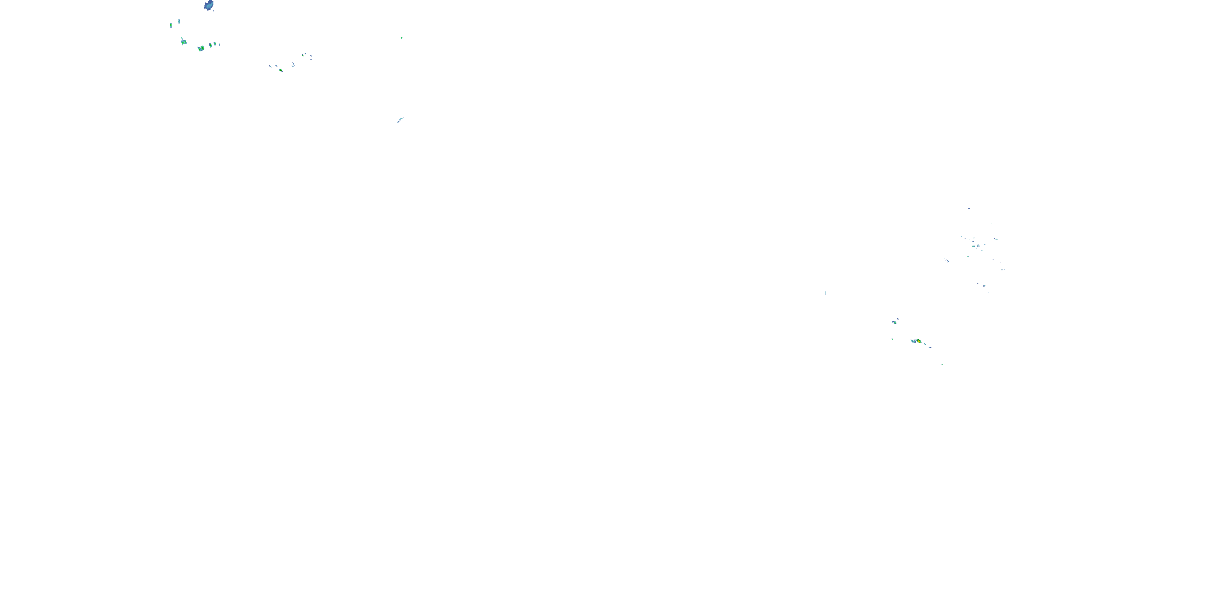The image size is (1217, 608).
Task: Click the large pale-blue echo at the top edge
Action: (209, 5)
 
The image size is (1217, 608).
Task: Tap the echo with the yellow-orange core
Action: (918, 341)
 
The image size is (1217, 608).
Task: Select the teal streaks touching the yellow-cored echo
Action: (913, 341)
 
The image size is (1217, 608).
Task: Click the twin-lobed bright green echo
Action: (201, 48)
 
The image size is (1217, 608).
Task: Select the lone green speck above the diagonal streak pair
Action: (402, 38)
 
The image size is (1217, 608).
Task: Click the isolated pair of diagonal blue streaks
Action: (400, 120)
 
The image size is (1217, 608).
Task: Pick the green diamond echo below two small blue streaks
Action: (281, 70)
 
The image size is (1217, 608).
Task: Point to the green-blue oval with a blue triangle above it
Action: (894, 322)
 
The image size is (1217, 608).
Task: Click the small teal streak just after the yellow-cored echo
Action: (925, 344)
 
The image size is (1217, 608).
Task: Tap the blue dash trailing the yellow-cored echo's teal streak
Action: (930, 347)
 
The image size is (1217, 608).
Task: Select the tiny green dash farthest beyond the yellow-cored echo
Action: (943, 364)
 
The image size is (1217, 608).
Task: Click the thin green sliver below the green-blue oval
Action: (892, 339)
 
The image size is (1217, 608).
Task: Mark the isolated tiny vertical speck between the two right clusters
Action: (826, 293)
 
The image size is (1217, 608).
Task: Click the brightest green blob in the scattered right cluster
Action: (974, 246)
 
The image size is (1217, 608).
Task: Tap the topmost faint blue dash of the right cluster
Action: (969, 208)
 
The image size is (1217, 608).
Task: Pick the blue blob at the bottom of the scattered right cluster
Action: (984, 286)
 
